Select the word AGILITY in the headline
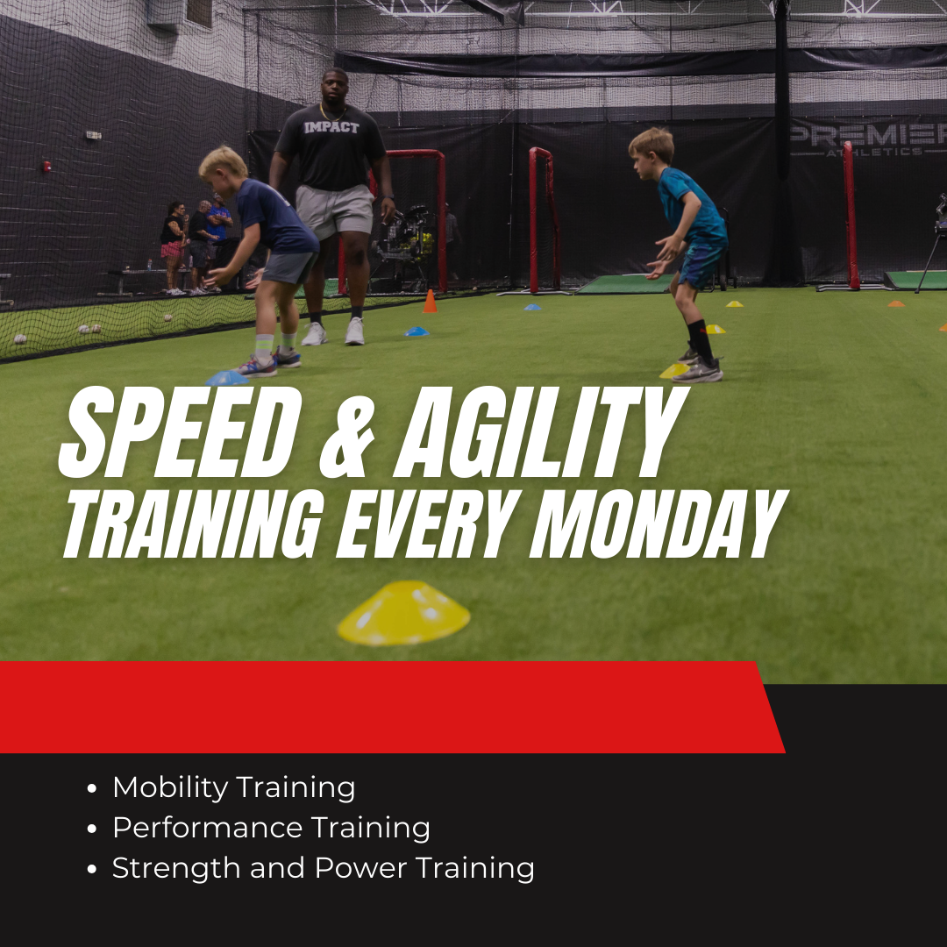(x=541, y=431)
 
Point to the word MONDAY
(x=659, y=523)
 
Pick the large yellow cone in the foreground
(x=403, y=612)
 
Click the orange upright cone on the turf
(x=430, y=302)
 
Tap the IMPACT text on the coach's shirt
(x=331, y=127)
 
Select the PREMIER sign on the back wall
(x=868, y=134)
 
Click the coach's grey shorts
(x=334, y=210)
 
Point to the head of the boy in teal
(x=651, y=153)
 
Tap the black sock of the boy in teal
(x=701, y=341)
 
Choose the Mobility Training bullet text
(x=234, y=787)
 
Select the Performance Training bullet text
(x=271, y=828)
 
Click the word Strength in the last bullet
(x=176, y=868)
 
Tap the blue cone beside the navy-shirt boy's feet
(x=226, y=378)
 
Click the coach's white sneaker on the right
(x=354, y=331)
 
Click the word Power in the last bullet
(x=361, y=868)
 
